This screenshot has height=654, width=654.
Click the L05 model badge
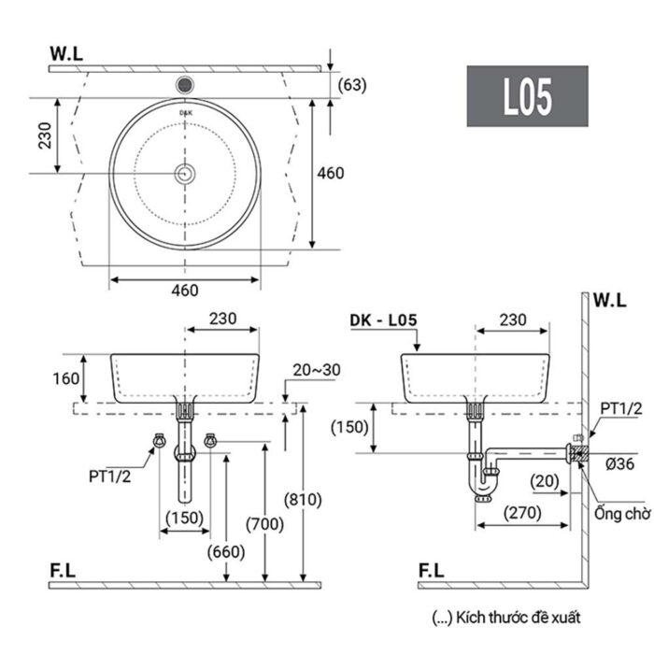[x=528, y=96]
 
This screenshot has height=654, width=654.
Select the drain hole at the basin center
[x=185, y=173]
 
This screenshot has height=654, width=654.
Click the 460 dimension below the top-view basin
[x=184, y=290]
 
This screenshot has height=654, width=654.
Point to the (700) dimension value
[x=264, y=523]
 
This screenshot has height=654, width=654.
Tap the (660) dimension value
[x=227, y=550]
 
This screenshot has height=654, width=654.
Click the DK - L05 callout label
[x=383, y=320]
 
